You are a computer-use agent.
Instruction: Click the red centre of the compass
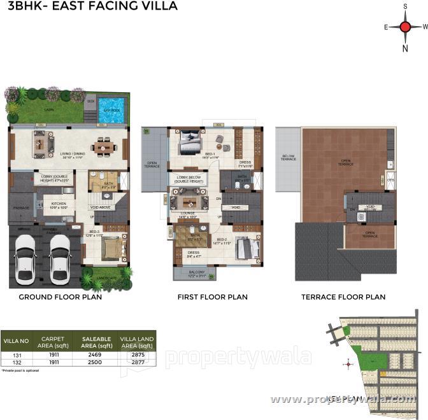coord(405,27)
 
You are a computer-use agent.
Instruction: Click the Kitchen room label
coord(59,204)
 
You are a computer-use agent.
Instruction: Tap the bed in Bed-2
coord(246,248)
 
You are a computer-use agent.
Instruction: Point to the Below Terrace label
coord(289,158)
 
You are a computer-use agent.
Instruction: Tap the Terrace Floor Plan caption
coord(343,297)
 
